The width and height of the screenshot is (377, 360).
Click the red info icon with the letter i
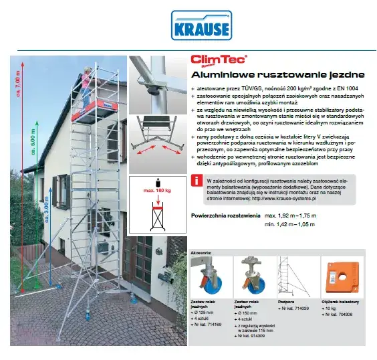[197, 181]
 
